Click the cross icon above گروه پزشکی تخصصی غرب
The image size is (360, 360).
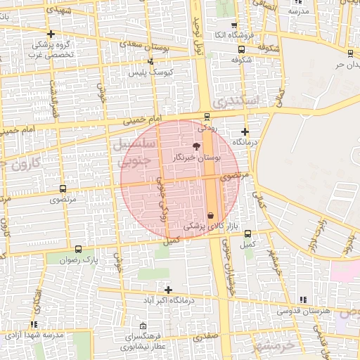pos(50,34)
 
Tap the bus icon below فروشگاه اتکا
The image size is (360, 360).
pos(242,49)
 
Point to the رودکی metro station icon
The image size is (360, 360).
pos(206,117)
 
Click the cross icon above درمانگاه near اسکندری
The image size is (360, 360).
pos(245,131)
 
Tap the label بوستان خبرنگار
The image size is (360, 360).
pos(196,159)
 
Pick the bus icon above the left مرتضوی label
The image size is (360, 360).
pos(63,188)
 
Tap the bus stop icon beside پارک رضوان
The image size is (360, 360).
pos(77,249)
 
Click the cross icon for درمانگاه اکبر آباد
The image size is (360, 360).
pos(168,290)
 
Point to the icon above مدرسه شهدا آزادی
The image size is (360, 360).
pos(34,324)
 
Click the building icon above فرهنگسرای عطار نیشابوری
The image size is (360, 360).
pos(143,326)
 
